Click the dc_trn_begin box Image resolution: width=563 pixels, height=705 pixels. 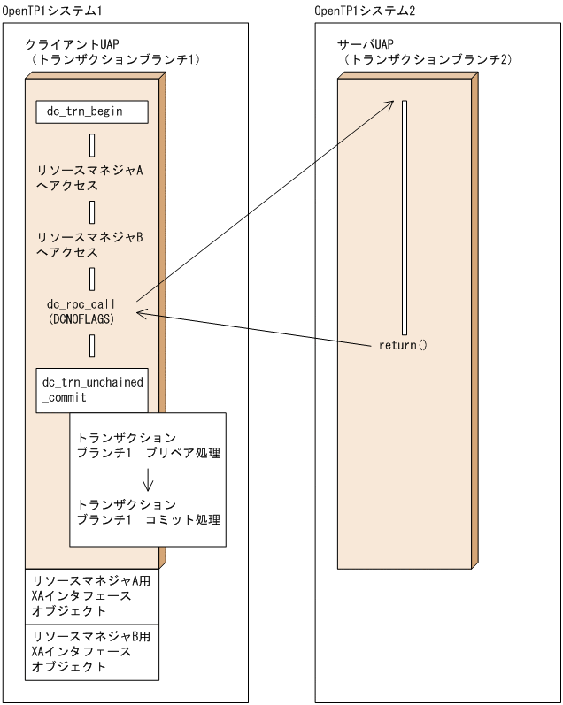click(92, 111)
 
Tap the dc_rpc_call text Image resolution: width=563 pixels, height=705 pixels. click(81, 303)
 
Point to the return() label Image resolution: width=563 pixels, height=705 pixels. click(403, 344)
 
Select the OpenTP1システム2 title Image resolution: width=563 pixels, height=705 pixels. click(365, 9)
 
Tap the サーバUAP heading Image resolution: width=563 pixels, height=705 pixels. click(370, 43)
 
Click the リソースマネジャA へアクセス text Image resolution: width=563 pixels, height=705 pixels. click(89, 179)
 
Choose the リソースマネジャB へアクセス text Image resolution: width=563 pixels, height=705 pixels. click(89, 245)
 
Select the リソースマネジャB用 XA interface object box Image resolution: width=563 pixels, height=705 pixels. click(92, 652)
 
